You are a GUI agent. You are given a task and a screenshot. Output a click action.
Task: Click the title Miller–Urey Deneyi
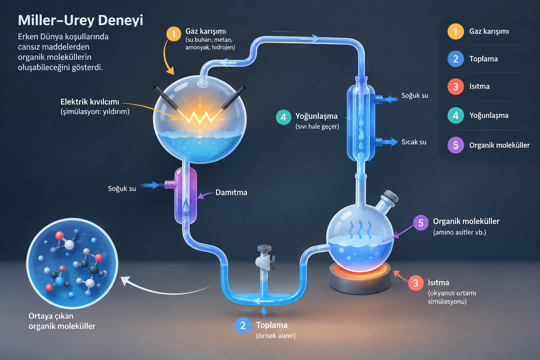[x=81, y=20]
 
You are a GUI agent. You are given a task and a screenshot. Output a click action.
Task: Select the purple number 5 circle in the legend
[x=455, y=145]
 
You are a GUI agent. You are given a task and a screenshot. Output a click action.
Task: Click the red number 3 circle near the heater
[x=416, y=283]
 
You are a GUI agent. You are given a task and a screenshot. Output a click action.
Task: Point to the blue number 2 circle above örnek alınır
[x=243, y=326]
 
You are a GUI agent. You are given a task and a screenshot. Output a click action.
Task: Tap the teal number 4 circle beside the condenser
[x=283, y=117]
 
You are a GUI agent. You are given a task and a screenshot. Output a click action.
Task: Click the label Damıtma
[x=231, y=192]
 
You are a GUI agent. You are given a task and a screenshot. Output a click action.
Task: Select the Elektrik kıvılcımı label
[x=90, y=102]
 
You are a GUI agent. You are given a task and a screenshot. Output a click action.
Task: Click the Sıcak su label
[x=414, y=142]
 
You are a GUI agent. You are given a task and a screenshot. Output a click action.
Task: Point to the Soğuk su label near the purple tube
[x=122, y=188]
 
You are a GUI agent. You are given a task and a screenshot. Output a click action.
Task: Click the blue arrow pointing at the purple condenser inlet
[x=150, y=185]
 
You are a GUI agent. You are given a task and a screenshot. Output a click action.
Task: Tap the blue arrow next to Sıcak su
[x=390, y=142]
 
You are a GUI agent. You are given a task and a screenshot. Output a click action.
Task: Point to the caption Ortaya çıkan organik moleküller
[x=62, y=321]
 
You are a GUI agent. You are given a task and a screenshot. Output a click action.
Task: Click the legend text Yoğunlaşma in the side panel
[x=489, y=116]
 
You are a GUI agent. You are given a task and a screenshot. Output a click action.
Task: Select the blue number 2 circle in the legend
[x=455, y=59]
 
